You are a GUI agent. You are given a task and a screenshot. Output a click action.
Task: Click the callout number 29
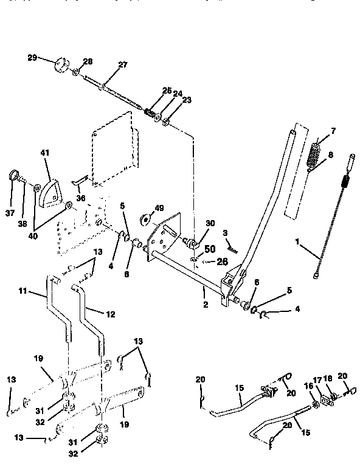(32, 58)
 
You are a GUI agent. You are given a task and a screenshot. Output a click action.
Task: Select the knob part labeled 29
(61, 65)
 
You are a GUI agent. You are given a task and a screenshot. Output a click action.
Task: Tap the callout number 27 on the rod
(123, 66)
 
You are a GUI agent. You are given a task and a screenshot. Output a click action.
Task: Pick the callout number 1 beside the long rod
(297, 242)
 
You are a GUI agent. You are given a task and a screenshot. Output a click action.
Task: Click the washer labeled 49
(147, 217)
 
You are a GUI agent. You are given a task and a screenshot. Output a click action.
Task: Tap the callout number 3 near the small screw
(224, 233)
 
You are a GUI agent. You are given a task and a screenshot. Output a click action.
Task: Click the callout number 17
(316, 379)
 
